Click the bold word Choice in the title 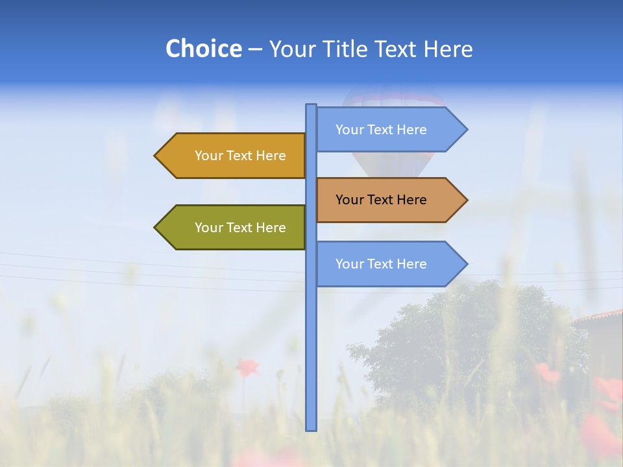tap(203, 49)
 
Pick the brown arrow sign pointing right tap(383, 200)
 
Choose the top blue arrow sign tap(383, 130)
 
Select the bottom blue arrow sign tap(383, 264)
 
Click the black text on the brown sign tap(381, 200)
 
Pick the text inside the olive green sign tap(240, 228)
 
